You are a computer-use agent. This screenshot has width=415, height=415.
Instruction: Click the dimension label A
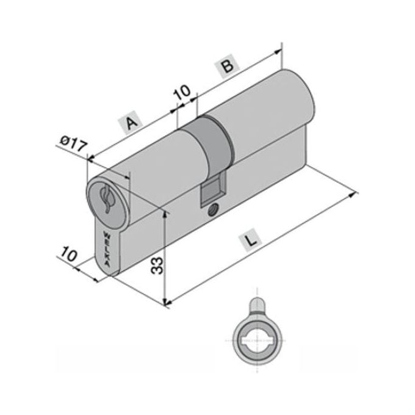point(131,123)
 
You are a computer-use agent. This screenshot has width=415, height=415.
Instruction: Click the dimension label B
point(228,66)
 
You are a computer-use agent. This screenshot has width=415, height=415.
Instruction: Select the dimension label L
point(251,240)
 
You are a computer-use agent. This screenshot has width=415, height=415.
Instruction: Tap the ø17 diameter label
point(73,143)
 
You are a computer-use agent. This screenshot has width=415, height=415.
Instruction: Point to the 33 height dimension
point(157,265)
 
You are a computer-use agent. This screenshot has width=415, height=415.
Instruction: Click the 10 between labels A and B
point(182,92)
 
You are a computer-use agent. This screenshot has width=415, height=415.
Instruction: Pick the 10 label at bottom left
point(69,254)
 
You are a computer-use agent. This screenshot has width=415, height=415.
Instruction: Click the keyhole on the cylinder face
point(106,199)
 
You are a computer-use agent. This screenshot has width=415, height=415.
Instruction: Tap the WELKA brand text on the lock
point(107,250)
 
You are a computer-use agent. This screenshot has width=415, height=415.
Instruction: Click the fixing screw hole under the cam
point(212,209)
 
